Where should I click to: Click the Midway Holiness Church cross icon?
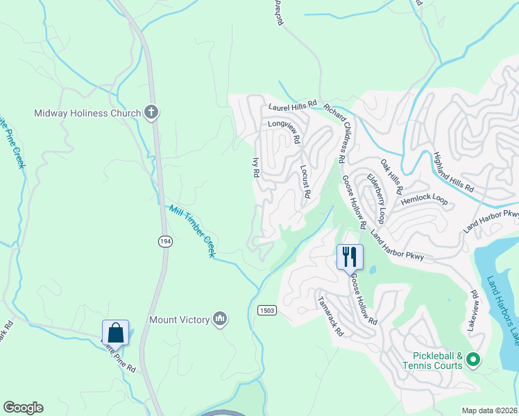pyautogui.click(x=151, y=112)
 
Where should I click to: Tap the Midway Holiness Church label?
pyautogui.click(x=87, y=113)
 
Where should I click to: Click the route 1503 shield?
pyautogui.click(x=267, y=309)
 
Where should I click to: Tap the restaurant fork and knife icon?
pyautogui.click(x=350, y=257)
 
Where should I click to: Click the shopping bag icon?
pyautogui.click(x=115, y=332)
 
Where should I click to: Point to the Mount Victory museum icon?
pyautogui.click(x=221, y=318)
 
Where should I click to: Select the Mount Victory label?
pyautogui.click(x=179, y=320)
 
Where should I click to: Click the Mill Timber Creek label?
pyautogui.click(x=191, y=231)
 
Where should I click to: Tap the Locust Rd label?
pyautogui.click(x=304, y=180)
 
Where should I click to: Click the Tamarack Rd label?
pyautogui.click(x=330, y=317)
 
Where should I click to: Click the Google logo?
pyautogui.click(x=23, y=408)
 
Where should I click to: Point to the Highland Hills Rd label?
pyautogui.click(x=453, y=172)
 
